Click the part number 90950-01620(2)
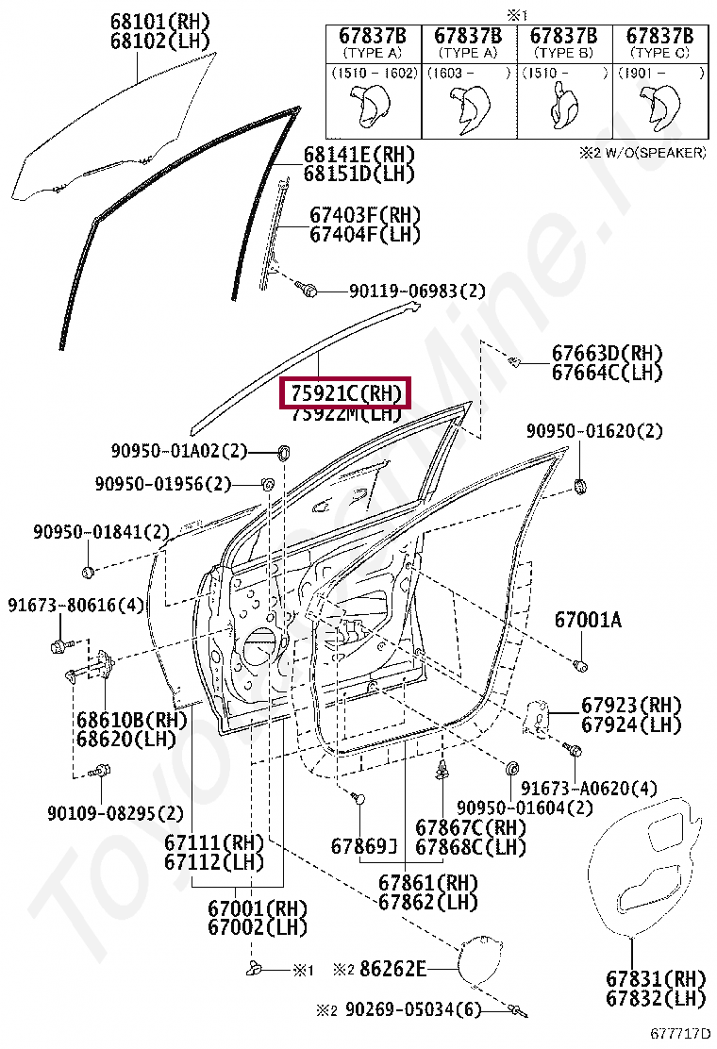pos(593,431)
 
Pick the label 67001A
pos(588,620)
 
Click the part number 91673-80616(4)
pos(75,605)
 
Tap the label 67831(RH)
pos(658,977)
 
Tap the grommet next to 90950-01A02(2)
pos(281,450)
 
